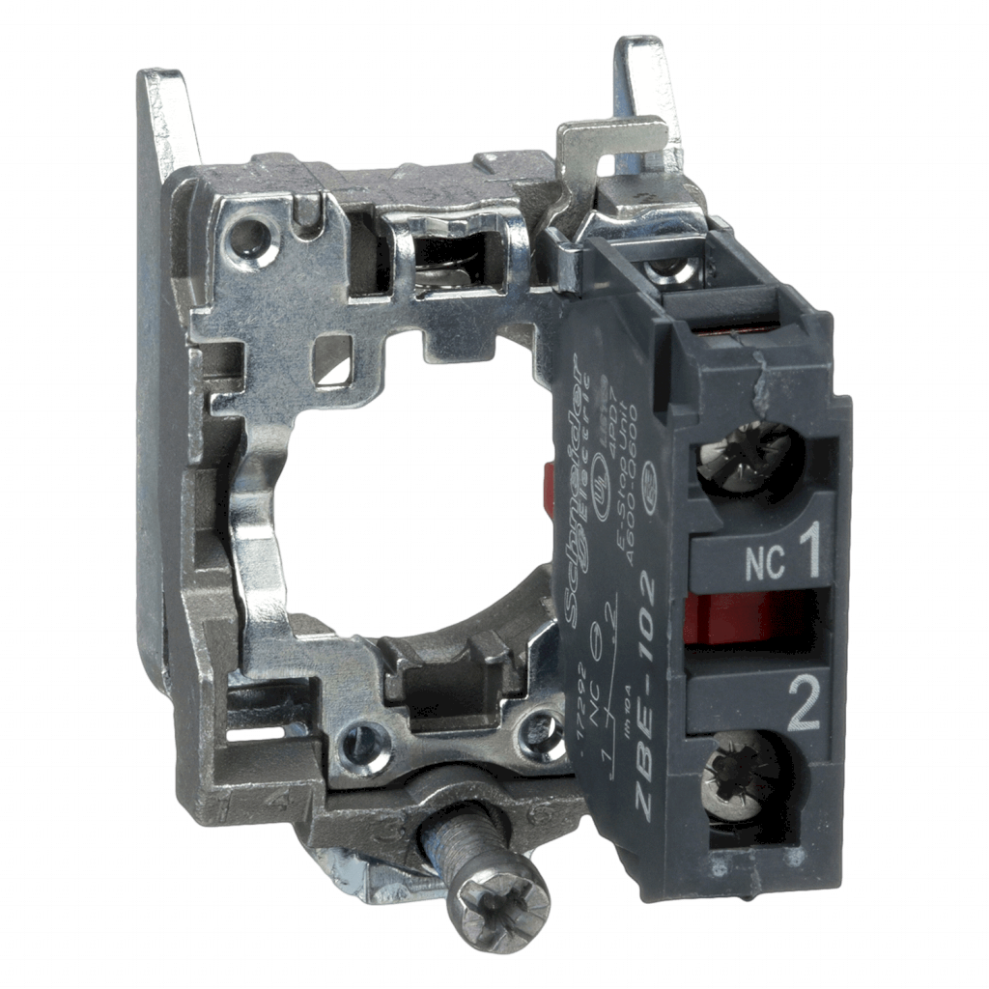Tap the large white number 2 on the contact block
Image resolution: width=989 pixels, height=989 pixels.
pos(804,709)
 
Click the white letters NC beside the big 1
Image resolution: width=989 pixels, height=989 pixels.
pos(766,563)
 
